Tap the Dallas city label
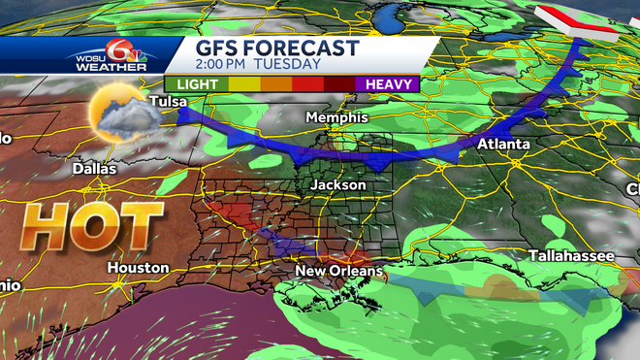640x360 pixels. pos(94,169)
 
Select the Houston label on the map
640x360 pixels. pos(139,268)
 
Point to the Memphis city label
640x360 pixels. pos(336,117)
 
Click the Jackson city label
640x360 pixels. pos(338,184)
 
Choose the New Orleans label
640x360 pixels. pos(338,271)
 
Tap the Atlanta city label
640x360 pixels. pos(502,145)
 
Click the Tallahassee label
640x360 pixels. pos(572,255)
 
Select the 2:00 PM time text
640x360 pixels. pos(227,64)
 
